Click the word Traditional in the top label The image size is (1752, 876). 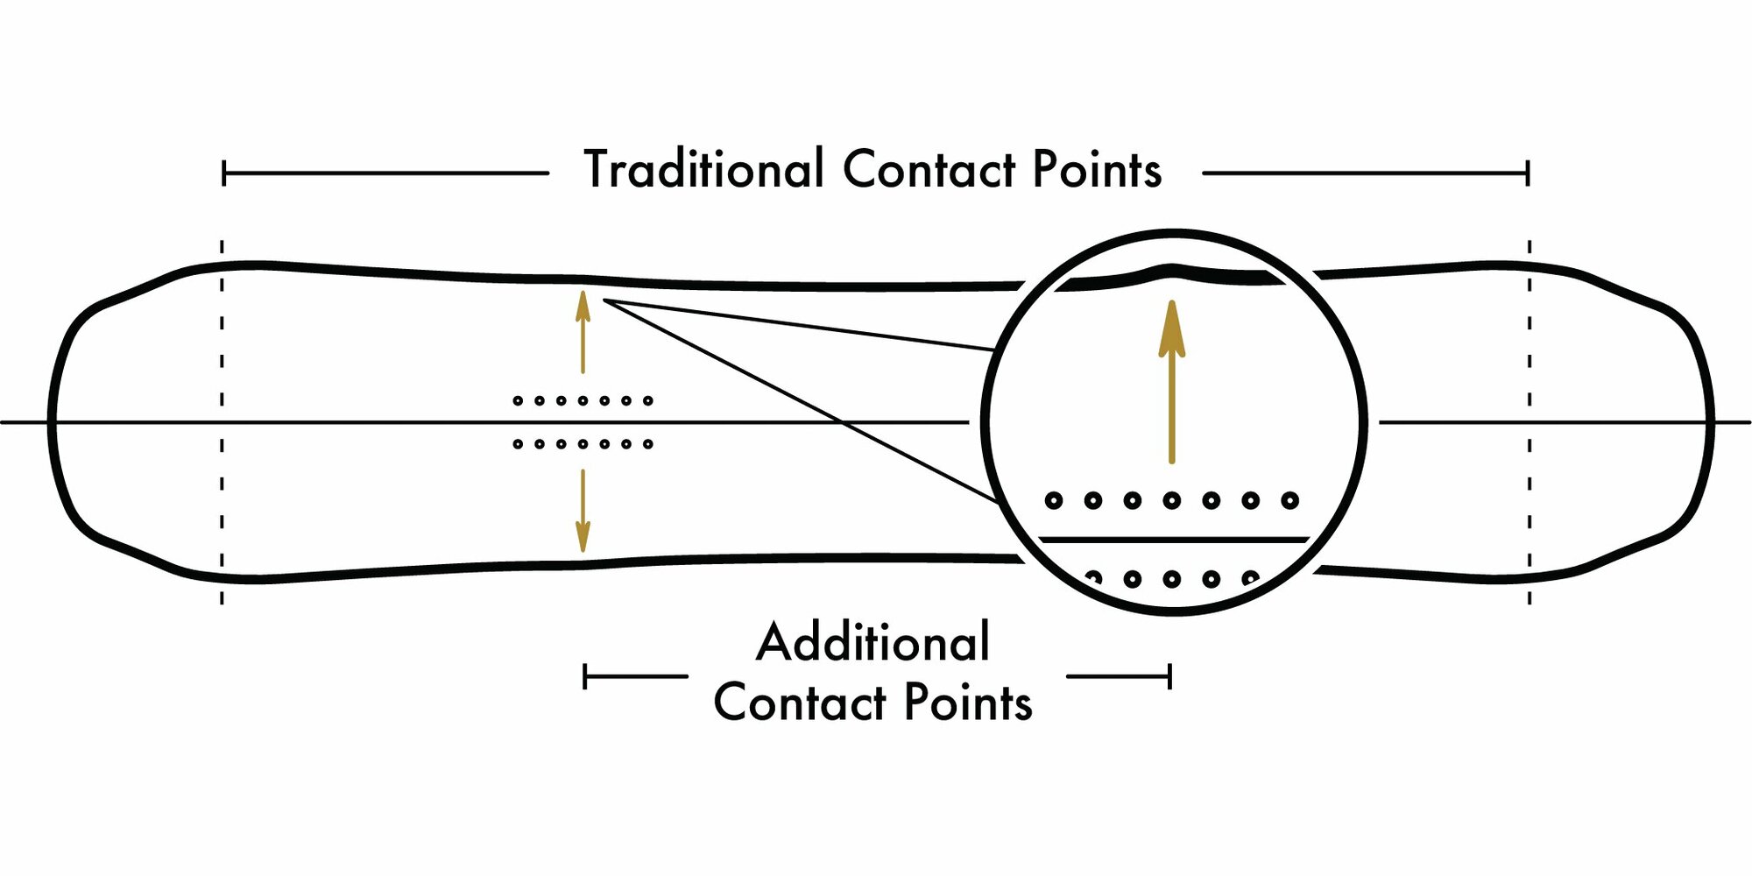(x=703, y=169)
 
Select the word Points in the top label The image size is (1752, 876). (x=1097, y=169)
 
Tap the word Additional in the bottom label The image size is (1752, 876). (x=873, y=642)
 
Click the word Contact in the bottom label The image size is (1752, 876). (x=800, y=703)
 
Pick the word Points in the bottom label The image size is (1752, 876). (x=968, y=703)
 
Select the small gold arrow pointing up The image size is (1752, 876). (x=583, y=333)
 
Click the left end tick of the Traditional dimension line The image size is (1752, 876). (x=224, y=173)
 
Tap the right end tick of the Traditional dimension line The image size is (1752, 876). (x=1528, y=173)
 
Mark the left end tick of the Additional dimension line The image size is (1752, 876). (x=585, y=676)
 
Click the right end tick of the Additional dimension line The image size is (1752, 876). (x=1169, y=676)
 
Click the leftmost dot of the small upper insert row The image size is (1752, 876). (x=518, y=401)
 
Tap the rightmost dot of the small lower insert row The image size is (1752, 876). (x=648, y=444)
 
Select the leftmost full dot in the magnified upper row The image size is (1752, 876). (x=1054, y=500)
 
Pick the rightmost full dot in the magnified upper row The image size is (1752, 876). (x=1289, y=500)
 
